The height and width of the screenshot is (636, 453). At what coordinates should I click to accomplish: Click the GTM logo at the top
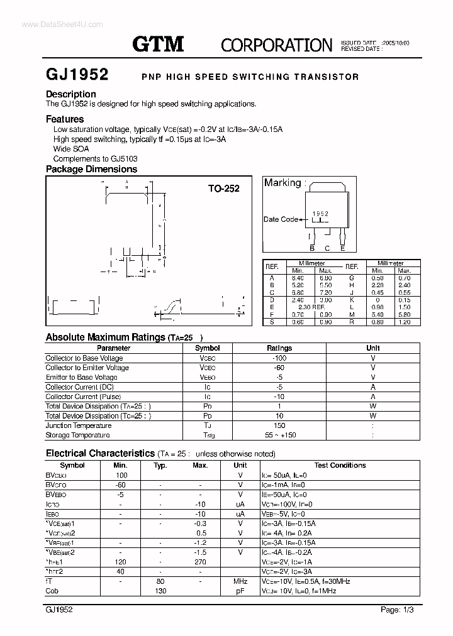(x=157, y=43)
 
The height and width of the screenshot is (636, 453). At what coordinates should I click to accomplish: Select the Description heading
(x=70, y=94)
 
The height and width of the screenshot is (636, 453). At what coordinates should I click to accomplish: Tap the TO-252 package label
(x=224, y=188)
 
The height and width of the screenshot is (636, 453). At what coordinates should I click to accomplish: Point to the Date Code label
(x=281, y=219)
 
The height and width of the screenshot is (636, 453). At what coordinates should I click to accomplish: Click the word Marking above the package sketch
(x=282, y=183)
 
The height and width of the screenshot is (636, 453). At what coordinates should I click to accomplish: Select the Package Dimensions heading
(x=91, y=169)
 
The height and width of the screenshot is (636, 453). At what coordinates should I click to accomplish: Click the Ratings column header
(x=279, y=348)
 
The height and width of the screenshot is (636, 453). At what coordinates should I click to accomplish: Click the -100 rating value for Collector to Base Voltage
(x=279, y=358)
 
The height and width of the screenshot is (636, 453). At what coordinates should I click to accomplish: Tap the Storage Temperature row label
(x=77, y=435)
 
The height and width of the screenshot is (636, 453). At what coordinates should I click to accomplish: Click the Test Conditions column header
(x=340, y=465)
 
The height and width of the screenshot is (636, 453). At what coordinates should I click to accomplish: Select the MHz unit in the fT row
(x=240, y=582)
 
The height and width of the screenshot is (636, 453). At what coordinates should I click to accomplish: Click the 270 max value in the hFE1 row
(x=200, y=562)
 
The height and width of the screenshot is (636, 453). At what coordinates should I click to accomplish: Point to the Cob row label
(x=52, y=591)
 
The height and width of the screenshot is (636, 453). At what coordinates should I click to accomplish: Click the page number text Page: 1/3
(x=398, y=610)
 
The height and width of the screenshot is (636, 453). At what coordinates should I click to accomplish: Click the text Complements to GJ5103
(x=95, y=159)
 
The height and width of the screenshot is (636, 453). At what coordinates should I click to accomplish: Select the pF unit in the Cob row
(x=240, y=591)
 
